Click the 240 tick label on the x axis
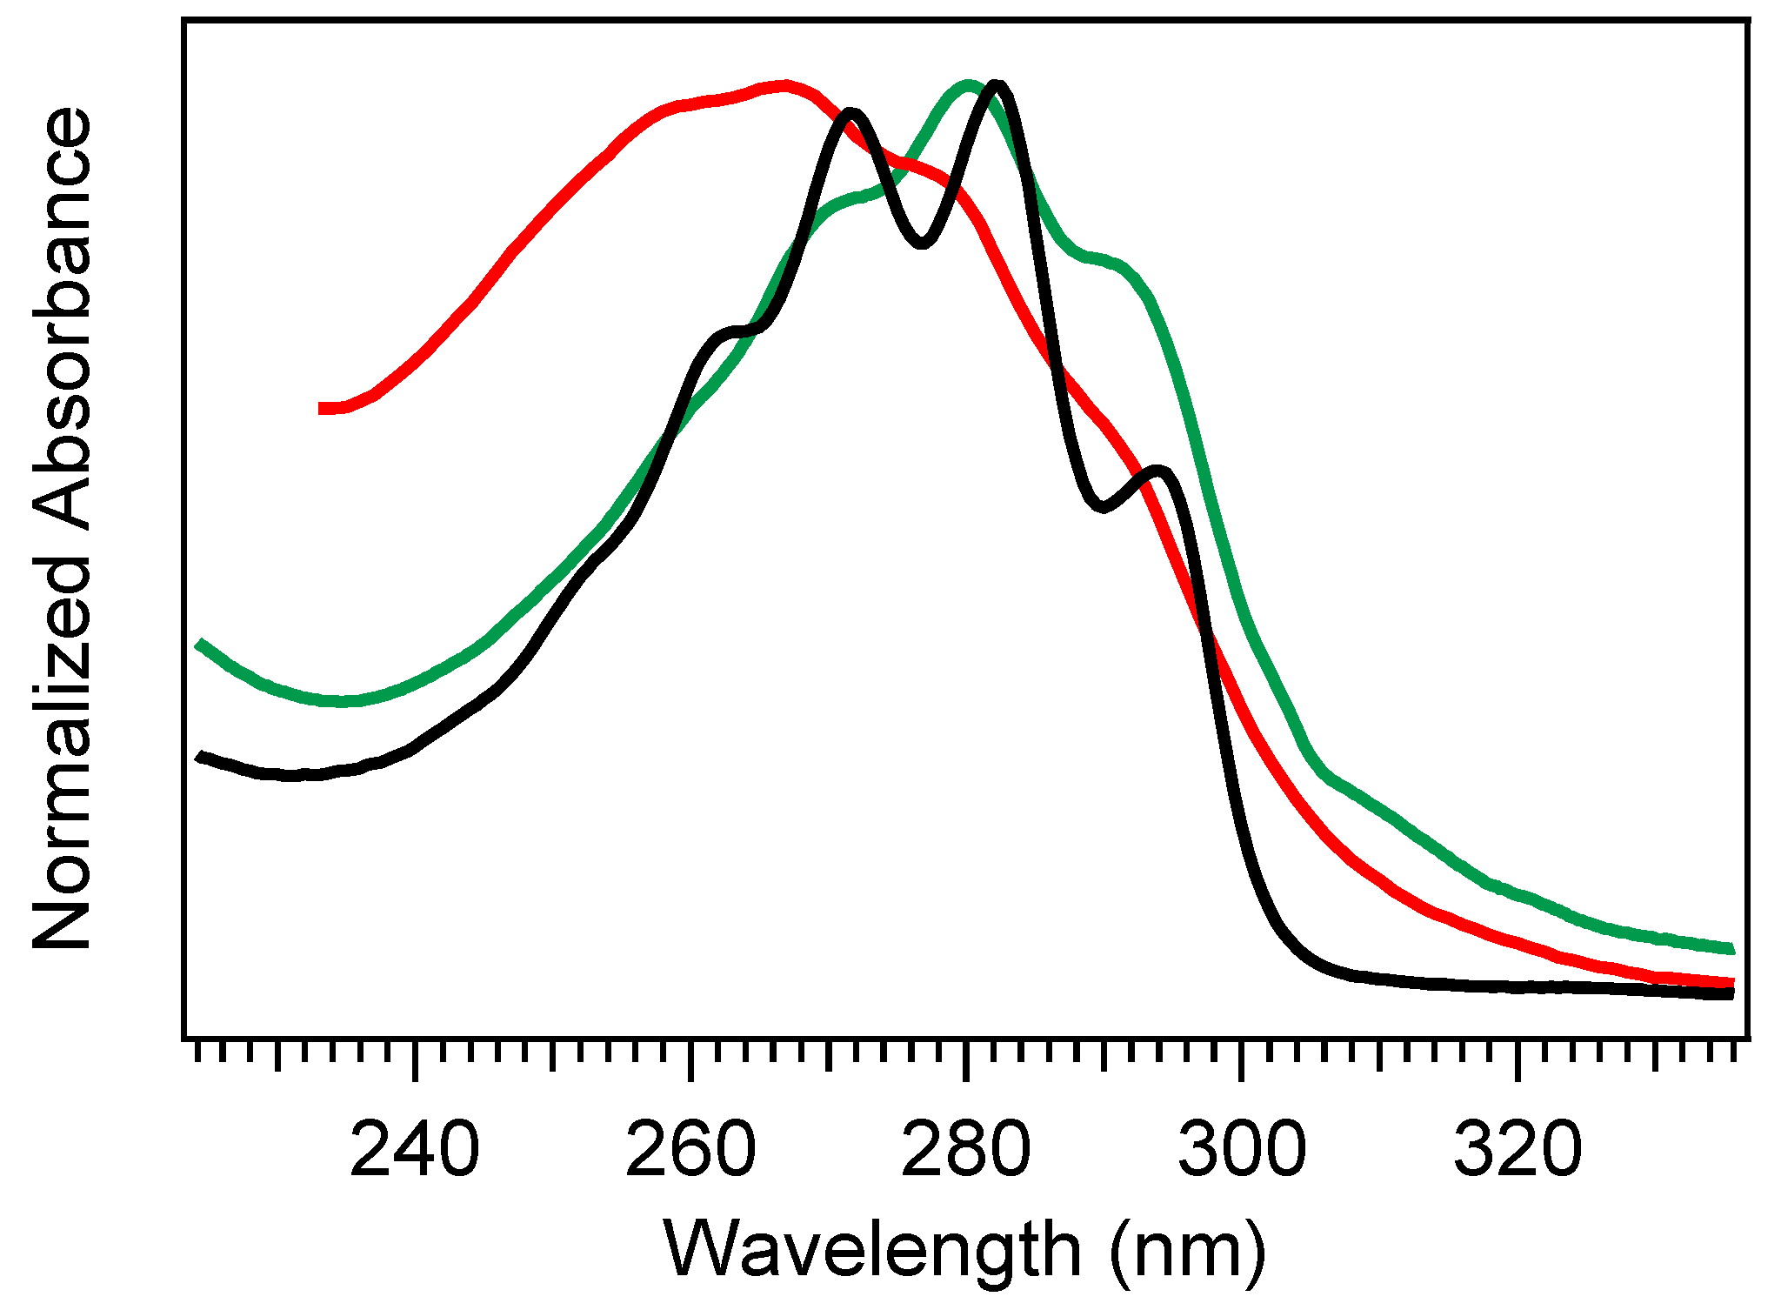pos(414,1150)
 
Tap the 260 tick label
pos(690,1150)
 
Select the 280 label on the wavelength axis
pos(966,1150)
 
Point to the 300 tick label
pos(1242,1150)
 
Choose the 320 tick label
pos(1518,1150)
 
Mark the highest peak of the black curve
pos(998,86)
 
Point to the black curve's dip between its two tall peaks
pos(923,243)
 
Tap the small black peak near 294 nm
pos(1158,472)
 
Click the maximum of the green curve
pos(967,85)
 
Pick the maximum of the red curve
pos(785,85)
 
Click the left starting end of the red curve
pos(323,408)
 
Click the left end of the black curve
pos(200,756)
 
